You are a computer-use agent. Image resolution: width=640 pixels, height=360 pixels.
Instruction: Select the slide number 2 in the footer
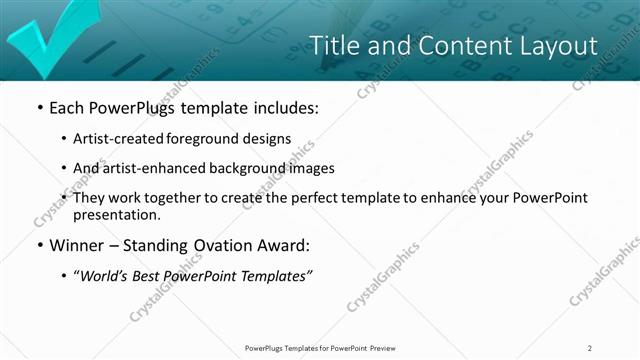click(590, 347)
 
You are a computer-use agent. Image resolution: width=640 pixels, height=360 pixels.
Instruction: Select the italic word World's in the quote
click(107, 276)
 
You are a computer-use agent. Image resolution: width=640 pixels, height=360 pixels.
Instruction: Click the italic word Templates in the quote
click(277, 276)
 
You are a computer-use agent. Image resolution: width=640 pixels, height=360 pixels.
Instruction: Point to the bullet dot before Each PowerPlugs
click(39, 107)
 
